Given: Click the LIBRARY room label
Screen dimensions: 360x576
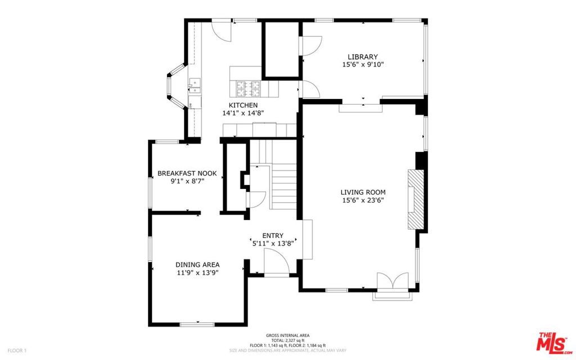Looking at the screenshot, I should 362,57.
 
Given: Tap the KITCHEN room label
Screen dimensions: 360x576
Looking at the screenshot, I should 243,105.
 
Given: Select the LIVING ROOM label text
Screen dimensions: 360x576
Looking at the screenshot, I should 363,192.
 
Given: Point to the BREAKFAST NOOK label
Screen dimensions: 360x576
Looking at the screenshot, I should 187,174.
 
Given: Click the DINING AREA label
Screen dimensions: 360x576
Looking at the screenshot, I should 197,264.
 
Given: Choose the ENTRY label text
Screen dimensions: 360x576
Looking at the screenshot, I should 273,236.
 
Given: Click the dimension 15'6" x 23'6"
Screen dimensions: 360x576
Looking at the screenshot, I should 363,200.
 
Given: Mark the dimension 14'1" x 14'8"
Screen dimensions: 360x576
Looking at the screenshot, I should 243,113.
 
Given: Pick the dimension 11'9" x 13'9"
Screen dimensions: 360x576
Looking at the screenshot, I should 197,272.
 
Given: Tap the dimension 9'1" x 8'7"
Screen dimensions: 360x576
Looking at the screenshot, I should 187,182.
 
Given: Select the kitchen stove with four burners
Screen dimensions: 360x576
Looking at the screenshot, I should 247,88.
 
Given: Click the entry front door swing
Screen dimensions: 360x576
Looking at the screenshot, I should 276,262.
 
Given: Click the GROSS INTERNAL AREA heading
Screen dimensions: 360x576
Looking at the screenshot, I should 287,335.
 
